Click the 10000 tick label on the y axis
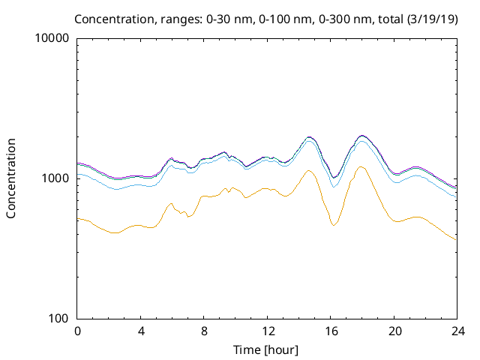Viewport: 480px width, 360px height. click(x=52, y=38)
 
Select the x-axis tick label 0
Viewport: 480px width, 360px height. click(x=77, y=331)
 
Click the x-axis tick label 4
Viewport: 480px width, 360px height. click(x=140, y=331)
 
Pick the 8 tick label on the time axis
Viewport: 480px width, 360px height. click(x=203, y=331)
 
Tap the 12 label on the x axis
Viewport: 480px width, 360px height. click(x=267, y=331)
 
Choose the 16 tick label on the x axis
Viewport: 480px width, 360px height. click(x=330, y=331)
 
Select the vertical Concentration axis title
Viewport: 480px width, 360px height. click(x=11, y=178)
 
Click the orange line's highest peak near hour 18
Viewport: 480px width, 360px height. click(x=361, y=166)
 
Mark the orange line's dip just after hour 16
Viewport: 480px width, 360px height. click(x=334, y=225)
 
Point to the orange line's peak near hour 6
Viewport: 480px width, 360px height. click(x=171, y=203)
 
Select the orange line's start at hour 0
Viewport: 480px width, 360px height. click(x=78, y=218)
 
